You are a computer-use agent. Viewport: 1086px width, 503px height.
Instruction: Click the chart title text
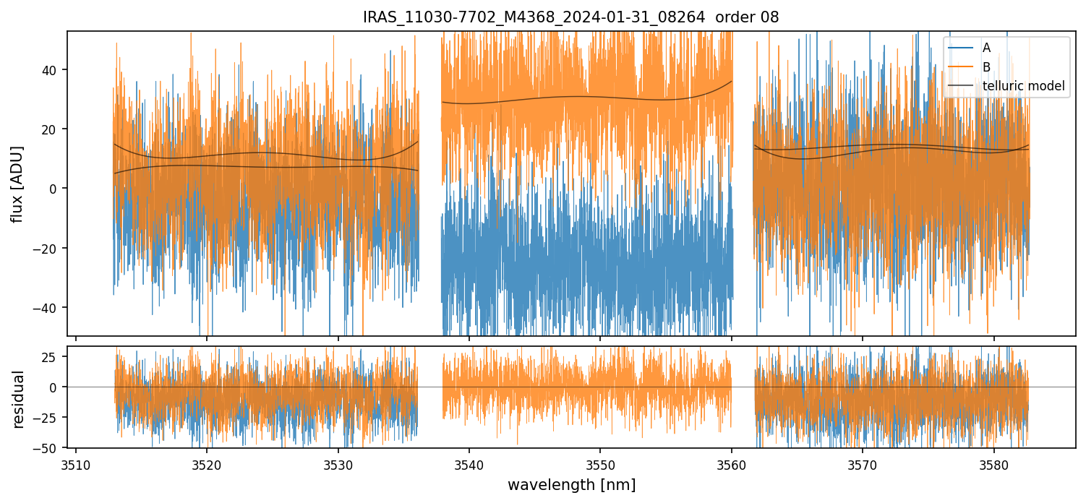[x=570, y=17]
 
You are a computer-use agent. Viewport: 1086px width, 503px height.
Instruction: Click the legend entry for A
[x=986, y=48]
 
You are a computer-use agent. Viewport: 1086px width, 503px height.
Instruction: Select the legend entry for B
[x=986, y=67]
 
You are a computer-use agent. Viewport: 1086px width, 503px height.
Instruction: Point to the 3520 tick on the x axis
[x=207, y=463]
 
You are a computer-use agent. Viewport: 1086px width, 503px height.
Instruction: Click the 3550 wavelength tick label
[x=600, y=463]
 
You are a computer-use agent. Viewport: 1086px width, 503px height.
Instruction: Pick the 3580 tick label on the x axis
[x=993, y=463]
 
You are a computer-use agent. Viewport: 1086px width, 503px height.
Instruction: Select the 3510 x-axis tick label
[x=76, y=463]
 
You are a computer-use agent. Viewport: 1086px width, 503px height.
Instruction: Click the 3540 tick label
[x=469, y=463]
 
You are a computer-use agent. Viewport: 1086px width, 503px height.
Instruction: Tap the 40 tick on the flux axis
[x=54, y=70]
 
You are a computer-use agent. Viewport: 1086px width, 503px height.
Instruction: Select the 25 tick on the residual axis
[x=54, y=356]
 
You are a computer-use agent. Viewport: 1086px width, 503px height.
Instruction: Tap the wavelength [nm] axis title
[x=571, y=485]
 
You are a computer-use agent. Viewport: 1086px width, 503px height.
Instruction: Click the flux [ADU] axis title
[x=18, y=184]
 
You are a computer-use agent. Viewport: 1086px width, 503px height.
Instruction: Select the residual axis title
[x=18, y=398]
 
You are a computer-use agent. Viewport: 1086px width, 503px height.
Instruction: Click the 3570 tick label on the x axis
[x=863, y=463]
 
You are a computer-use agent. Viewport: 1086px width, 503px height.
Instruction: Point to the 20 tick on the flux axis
[x=54, y=129]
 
